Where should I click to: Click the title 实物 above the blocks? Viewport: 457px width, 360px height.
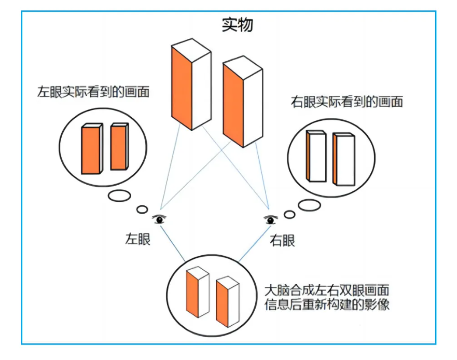(237, 25)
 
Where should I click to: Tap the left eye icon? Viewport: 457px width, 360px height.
(159, 219)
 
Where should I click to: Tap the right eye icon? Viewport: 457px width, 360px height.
(270, 219)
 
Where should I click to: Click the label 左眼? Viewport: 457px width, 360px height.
(137, 240)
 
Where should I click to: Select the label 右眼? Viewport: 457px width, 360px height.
(282, 241)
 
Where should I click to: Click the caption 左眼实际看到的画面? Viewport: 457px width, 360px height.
(93, 92)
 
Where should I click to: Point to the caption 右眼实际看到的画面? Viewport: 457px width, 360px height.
(347, 102)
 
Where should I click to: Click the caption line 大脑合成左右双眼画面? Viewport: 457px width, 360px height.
(327, 290)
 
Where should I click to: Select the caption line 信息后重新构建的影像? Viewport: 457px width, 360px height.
(327, 304)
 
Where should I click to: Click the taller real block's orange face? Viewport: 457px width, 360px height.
(181, 88)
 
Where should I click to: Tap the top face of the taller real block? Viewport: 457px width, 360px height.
(191, 50)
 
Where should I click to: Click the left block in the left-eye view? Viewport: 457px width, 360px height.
(92, 149)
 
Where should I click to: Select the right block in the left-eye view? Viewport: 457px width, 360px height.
(119, 146)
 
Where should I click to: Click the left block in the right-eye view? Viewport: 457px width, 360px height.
(316, 156)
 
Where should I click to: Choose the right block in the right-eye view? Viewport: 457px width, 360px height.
(344, 159)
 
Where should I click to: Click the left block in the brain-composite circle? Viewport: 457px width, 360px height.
(198, 292)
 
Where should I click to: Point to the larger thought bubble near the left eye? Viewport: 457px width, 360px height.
(119, 196)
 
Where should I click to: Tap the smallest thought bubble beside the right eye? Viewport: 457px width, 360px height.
(289, 215)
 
